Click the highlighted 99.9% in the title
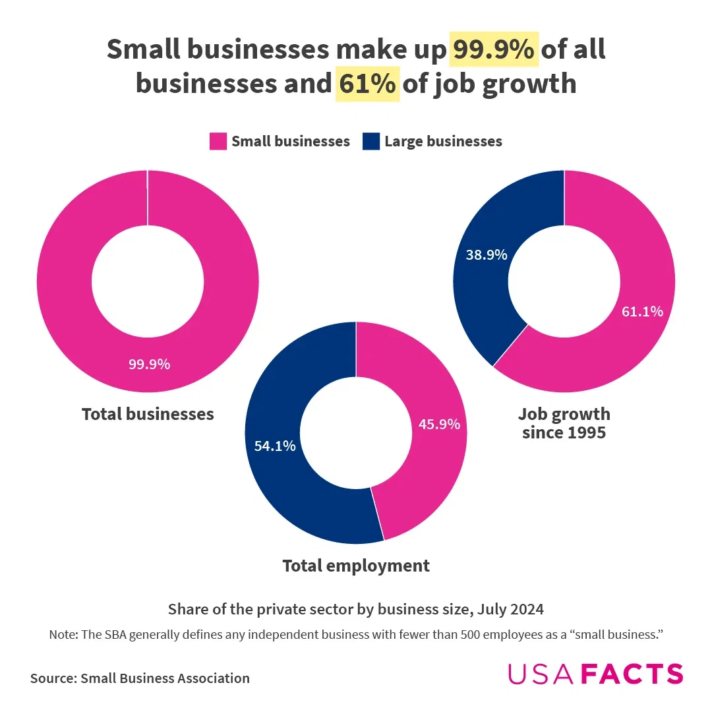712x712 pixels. point(494,50)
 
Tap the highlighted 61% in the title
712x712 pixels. point(367,84)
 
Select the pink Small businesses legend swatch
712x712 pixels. point(218,141)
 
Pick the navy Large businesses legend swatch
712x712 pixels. point(371,141)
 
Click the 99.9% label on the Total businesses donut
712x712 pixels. point(149,364)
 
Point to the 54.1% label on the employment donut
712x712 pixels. point(275,446)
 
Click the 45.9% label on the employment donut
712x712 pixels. point(439,425)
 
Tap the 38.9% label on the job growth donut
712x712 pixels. point(487,254)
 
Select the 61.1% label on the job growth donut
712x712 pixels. point(642,311)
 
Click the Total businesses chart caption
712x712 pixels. point(148,414)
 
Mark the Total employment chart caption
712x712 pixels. point(356,566)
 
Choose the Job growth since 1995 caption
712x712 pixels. point(564,423)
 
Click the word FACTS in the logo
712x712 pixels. point(634,674)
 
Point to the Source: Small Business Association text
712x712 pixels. point(140,678)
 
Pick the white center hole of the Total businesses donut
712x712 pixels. point(148,281)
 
